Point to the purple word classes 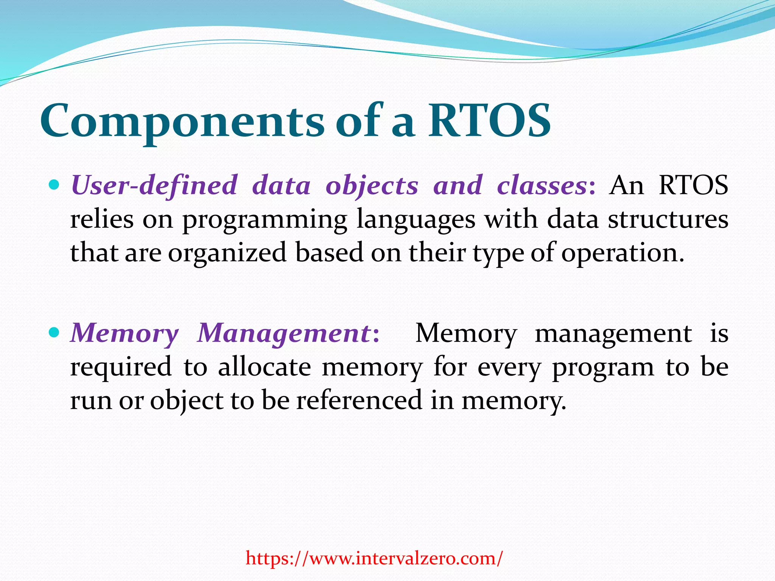point(542,185)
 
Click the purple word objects point(372,185)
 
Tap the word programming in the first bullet point(265,219)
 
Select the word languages point(416,219)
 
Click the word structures point(668,219)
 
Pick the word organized point(227,253)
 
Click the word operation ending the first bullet point(622,253)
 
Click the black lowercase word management point(613,333)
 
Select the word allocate point(264,367)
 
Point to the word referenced point(359,400)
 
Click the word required point(121,367)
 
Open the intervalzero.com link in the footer point(374,558)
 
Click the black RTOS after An point(693,185)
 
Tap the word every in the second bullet point(509,367)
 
